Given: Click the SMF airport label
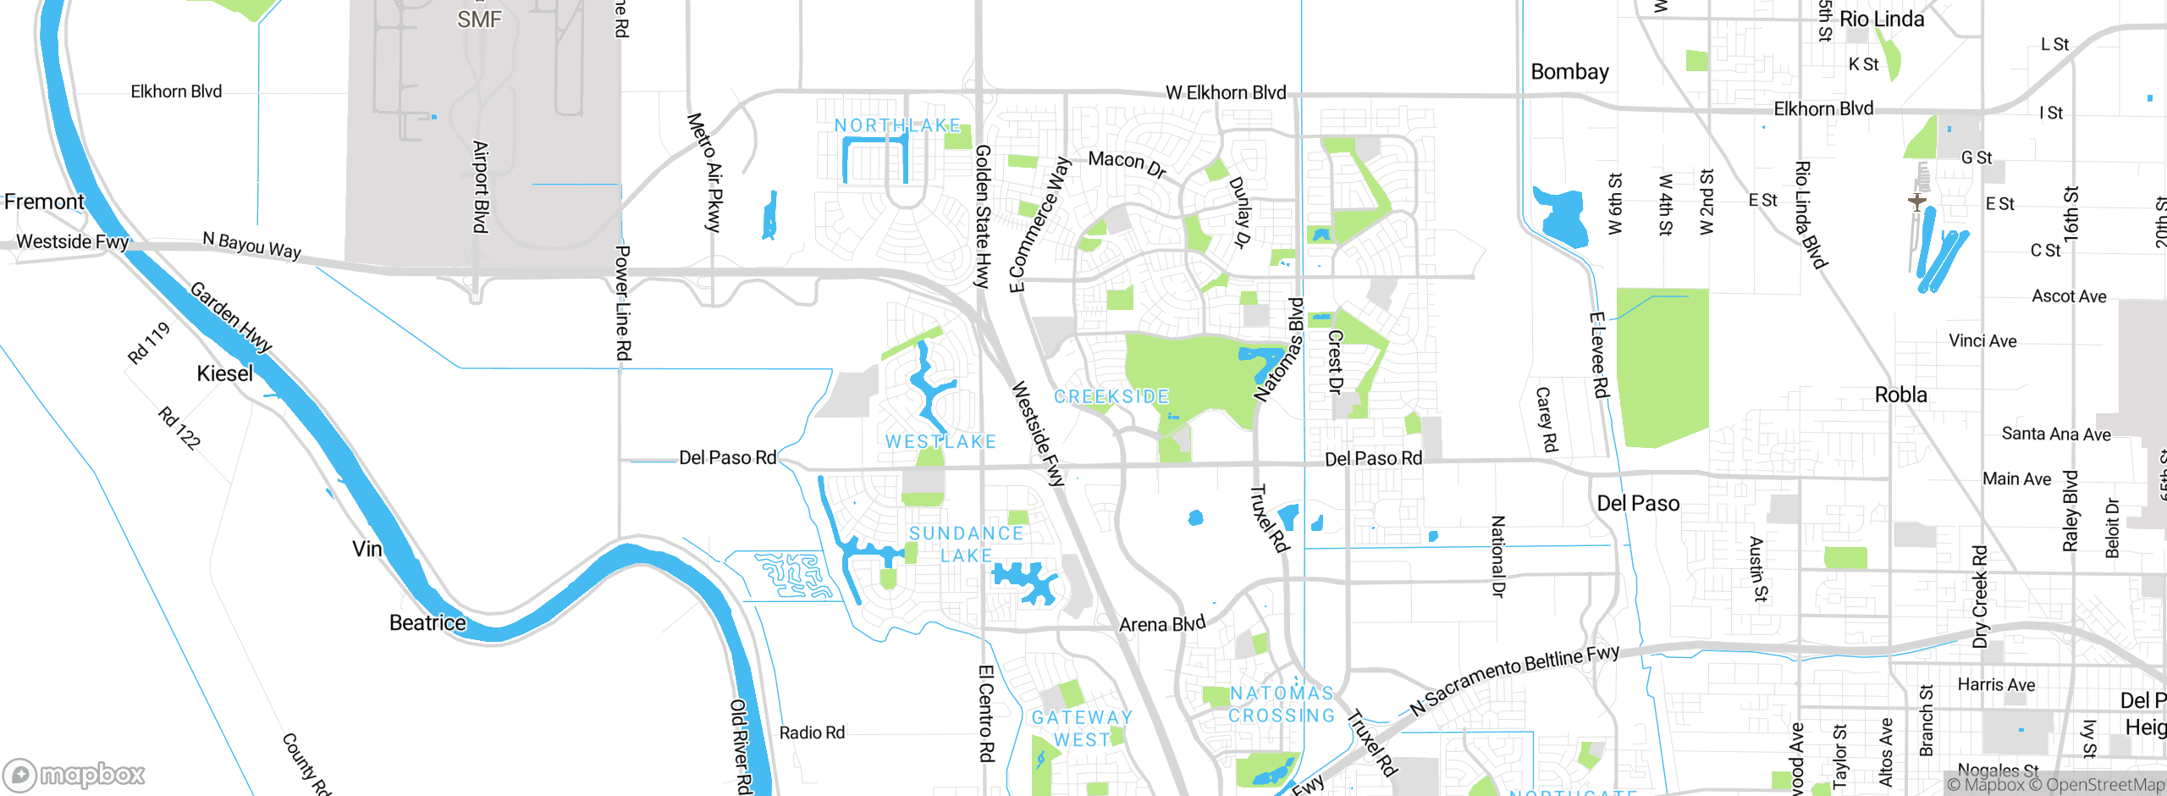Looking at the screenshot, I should [479, 19].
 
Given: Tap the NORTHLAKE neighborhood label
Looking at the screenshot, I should [897, 125].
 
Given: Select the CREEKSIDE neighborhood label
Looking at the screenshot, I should [1111, 396].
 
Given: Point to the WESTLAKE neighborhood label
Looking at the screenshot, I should [940, 441].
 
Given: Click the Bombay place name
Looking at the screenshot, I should [1569, 72].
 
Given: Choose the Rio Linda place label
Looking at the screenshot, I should [1881, 19].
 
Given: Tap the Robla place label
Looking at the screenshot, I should [1900, 395].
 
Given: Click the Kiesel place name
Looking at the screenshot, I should [224, 373].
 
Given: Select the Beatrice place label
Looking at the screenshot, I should [427, 622].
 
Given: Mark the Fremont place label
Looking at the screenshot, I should [44, 202].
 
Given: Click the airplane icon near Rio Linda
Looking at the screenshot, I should [1916, 202].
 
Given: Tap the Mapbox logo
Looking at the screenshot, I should [74, 774].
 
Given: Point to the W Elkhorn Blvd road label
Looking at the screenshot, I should [1225, 92].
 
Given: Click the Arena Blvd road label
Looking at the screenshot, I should [1161, 625].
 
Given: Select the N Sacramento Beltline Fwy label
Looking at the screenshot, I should [1514, 680].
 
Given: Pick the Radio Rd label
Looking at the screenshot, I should [811, 732].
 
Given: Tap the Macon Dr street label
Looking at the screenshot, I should [1127, 164].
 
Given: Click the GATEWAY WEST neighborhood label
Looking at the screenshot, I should [1082, 728].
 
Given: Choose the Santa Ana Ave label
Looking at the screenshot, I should [2055, 434].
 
